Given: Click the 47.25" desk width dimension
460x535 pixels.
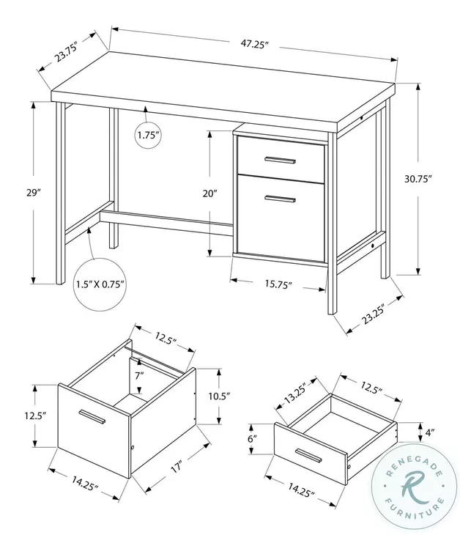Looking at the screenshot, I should tap(253, 45).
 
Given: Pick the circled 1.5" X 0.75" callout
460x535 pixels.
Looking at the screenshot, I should tap(100, 283).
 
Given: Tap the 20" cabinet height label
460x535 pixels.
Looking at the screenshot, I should tap(210, 194).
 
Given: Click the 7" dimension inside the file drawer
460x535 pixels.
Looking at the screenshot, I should tap(139, 375).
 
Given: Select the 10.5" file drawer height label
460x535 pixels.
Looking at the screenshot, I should tap(218, 396).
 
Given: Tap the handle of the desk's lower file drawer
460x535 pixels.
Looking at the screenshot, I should tap(280, 198).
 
